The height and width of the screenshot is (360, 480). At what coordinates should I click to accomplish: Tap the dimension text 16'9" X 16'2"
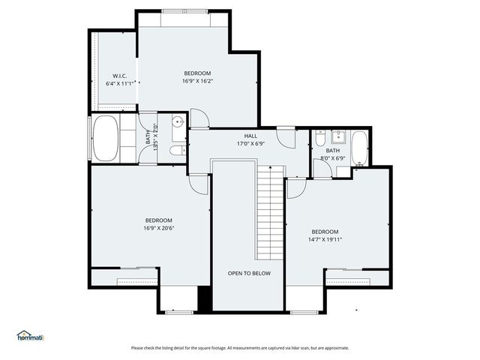coord(197,82)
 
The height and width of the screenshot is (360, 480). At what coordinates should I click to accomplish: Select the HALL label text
coord(250,136)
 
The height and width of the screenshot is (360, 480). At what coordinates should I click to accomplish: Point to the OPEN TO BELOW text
coord(249,273)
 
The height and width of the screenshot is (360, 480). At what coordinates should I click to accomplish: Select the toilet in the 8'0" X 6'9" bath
coord(320,139)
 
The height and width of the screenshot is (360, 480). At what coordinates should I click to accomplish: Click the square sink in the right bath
coord(338,136)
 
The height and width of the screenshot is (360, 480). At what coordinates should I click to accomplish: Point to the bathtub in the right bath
coord(359,148)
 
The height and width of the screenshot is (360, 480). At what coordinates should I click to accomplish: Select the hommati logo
coord(31,336)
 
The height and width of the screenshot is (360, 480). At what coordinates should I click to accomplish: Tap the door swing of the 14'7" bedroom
coord(296,188)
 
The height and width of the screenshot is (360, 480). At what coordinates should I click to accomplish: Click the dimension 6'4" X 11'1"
coord(123,83)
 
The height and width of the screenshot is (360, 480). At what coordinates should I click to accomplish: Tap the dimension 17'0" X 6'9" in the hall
coord(250,143)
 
